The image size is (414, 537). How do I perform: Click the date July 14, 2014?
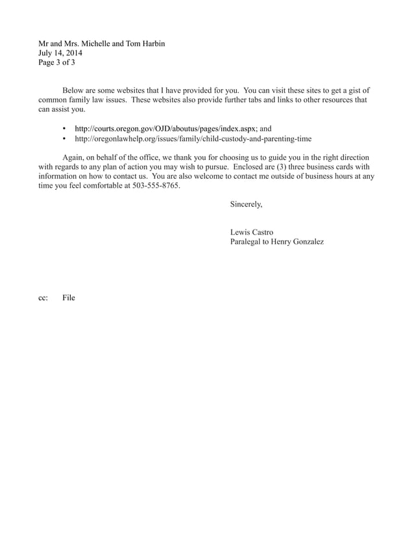click(x=60, y=53)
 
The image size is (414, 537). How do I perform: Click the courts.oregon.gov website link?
click(x=166, y=129)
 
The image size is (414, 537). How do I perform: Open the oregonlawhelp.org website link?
click(x=193, y=138)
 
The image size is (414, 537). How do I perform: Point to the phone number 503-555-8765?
click(x=152, y=185)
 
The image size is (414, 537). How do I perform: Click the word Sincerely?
click(x=246, y=204)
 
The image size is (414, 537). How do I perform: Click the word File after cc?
click(x=69, y=298)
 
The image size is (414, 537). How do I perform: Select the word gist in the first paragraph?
click(x=351, y=90)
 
